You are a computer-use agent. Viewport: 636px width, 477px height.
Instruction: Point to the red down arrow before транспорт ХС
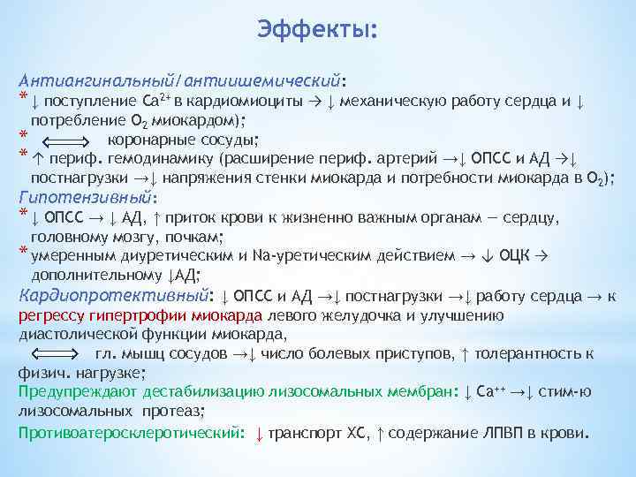tap(258, 434)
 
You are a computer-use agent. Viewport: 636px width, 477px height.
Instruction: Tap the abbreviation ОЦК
tap(515, 255)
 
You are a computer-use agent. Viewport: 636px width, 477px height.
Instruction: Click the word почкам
tap(197, 236)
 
